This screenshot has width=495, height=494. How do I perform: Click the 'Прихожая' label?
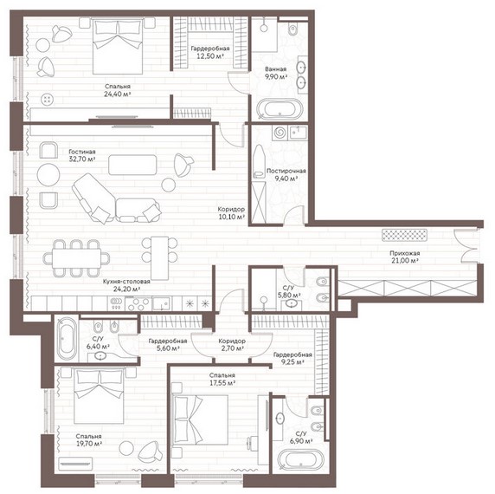pyautogui.click(x=404, y=253)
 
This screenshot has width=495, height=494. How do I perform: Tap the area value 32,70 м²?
pyautogui.click(x=82, y=159)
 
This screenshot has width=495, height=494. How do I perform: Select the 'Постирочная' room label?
pyautogui.click(x=286, y=171)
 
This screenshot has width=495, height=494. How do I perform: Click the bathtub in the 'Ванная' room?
pyautogui.click(x=280, y=109)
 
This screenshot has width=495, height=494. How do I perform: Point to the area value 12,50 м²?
pyautogui.click(x=210, y=56)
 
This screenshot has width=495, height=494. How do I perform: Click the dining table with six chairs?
pyautogui.click(x=76, y=258)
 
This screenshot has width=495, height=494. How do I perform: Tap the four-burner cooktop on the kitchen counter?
pyautogui.click(x=138, y=304)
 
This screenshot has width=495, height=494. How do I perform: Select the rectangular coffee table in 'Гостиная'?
pyautogui.click(x=132, y=165)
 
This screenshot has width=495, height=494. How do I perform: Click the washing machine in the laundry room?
pyautogui.click(x=280, y=133)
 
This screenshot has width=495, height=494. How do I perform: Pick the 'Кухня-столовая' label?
pyautogui.click(x=126, y=282)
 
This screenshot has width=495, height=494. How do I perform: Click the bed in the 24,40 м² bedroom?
pyautogui.click(x=118, y=46)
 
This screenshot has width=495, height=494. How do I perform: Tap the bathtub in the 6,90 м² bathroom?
pyautogui.click(x=301, y=458)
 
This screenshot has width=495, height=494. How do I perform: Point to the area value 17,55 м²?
pyautogui.click(x=223, y=383)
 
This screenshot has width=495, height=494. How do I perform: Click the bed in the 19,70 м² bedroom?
pyautogui.click(x=100, y=396)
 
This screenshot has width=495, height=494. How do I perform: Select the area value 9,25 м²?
pyautogui.click(x=292, y=362)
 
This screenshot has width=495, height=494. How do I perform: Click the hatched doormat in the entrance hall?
pyautogui.click(x=404, y=235)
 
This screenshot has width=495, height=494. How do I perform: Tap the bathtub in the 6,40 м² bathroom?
pyautogui.click(x=67, y=339)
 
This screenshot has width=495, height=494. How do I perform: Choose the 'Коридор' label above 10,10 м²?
pyautogui.click(x=231, y=209)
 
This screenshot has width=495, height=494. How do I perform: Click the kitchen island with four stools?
pyautogui.click(x=159, y=258)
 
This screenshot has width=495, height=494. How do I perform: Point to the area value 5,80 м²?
pyautogui.click(x=289, y=296)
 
